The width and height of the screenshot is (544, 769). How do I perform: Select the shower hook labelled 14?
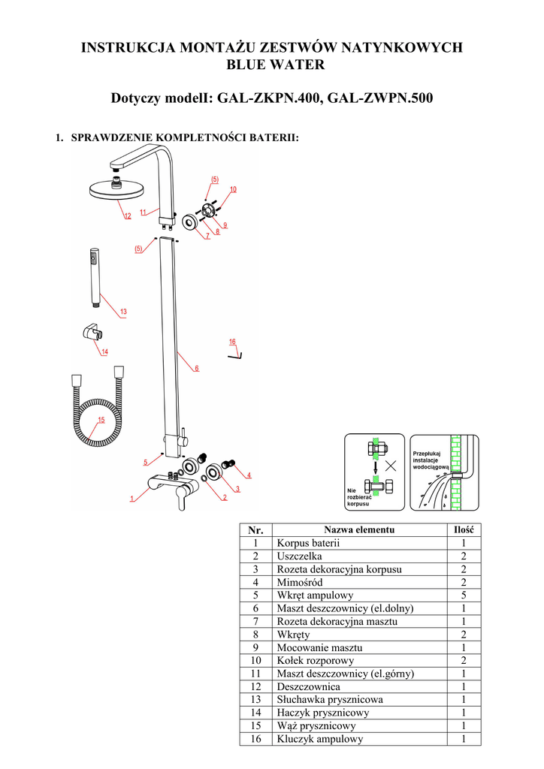pos(89,333)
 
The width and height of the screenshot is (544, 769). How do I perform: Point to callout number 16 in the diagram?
pos(233,342)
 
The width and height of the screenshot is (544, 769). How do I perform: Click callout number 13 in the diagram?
pos(123,311)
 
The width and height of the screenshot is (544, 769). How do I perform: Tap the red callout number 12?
pos(128,216)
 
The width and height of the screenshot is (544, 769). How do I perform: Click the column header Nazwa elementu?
pos(358,530)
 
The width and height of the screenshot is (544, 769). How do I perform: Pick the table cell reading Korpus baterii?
pos(308,543)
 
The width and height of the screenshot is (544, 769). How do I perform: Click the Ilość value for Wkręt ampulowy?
pos(464,595)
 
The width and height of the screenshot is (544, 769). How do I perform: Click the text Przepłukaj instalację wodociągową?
pos(430,460)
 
